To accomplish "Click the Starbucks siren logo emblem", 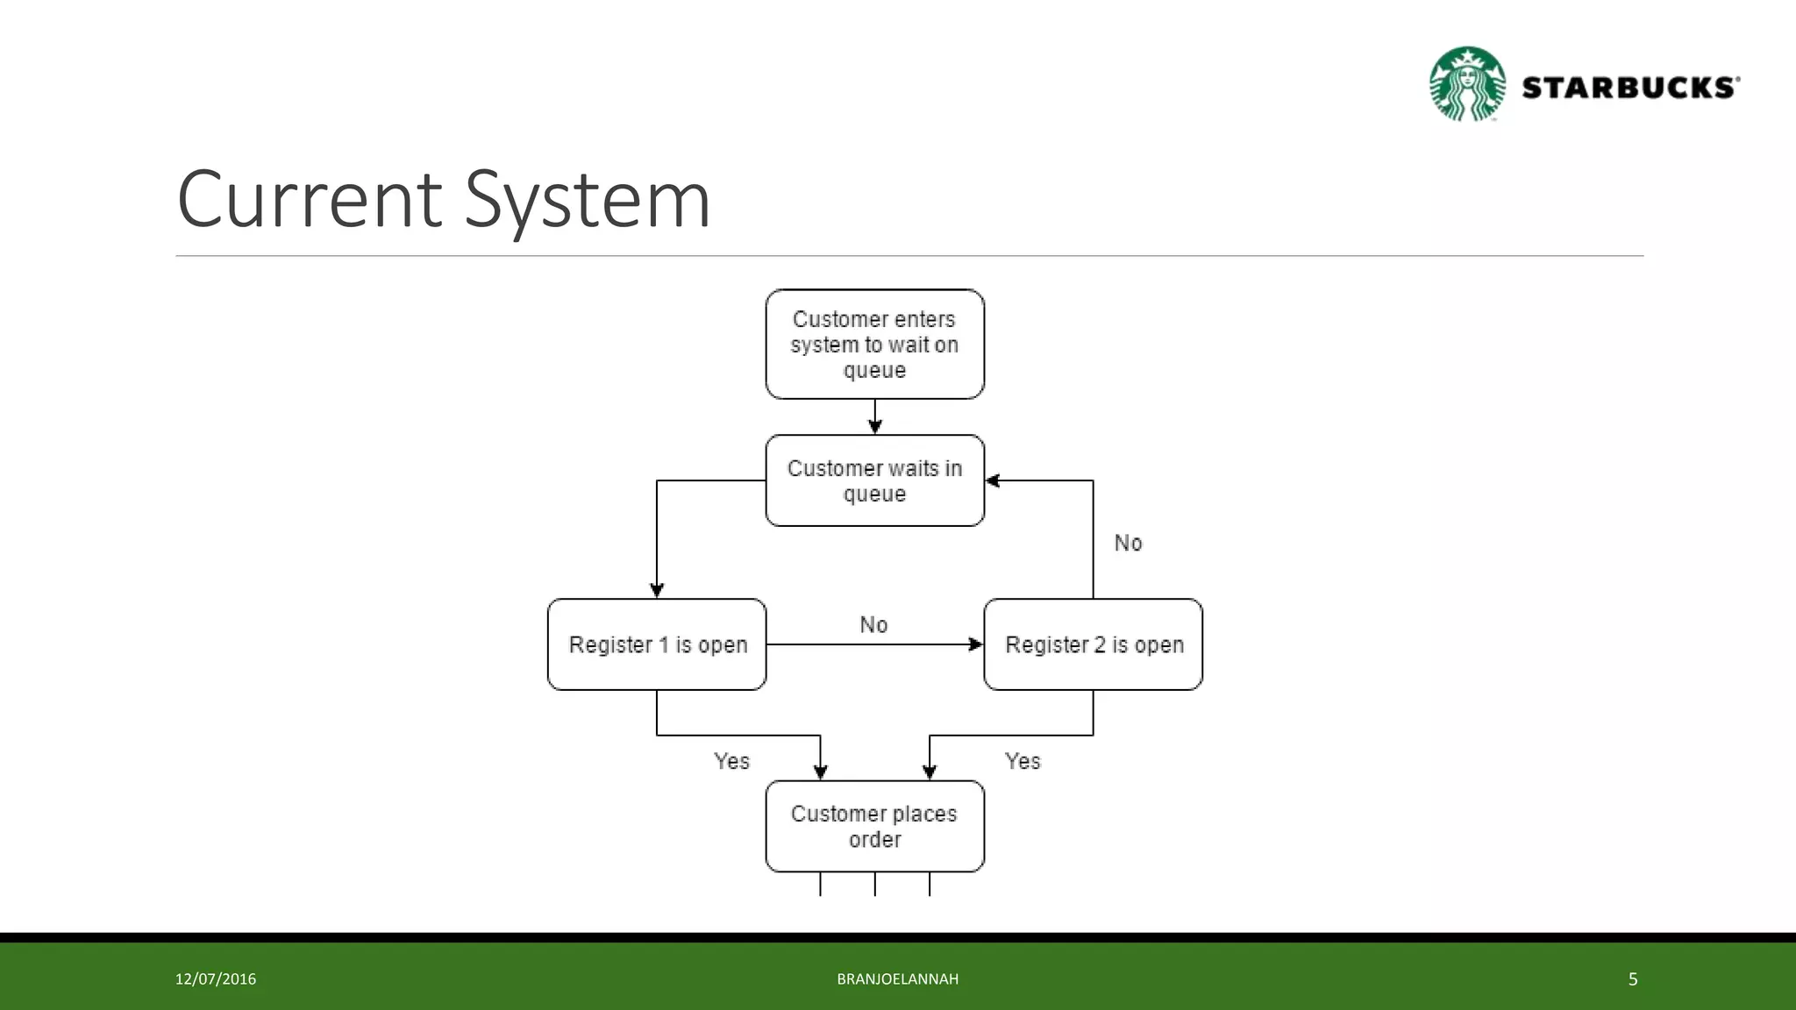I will click(1467, 84).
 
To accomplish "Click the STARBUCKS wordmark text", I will click(1629, 88).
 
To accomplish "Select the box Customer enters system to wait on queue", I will click(874, 345).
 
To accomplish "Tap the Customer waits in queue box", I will click(874, 480).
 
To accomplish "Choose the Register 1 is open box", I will click(657, 644).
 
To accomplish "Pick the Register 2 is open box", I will click(1093, 644).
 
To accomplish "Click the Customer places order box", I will click(874, 826).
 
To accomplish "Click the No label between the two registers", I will click(873, 624).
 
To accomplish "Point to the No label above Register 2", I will click(1128, 543).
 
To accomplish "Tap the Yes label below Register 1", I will click(731, 761).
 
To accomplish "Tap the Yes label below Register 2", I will click(1023, 761).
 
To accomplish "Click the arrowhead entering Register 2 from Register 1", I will click(975, 644).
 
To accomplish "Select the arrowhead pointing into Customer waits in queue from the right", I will click(993, 480).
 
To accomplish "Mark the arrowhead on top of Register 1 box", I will click(657, 590).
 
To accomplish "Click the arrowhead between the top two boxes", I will click(874, 426).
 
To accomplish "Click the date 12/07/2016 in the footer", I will click(216, 979).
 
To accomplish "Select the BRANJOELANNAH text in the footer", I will click(897, 979).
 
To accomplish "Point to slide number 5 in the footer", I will click(1633, 979).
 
